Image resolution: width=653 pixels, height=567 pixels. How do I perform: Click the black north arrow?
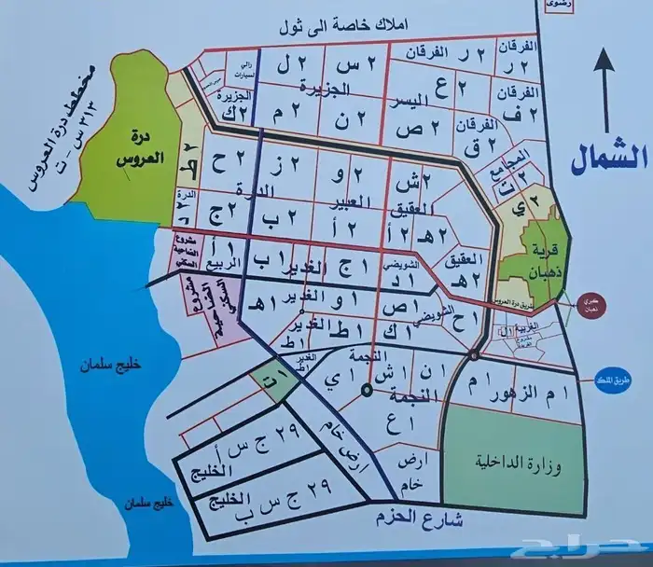[x=604, y=93]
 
